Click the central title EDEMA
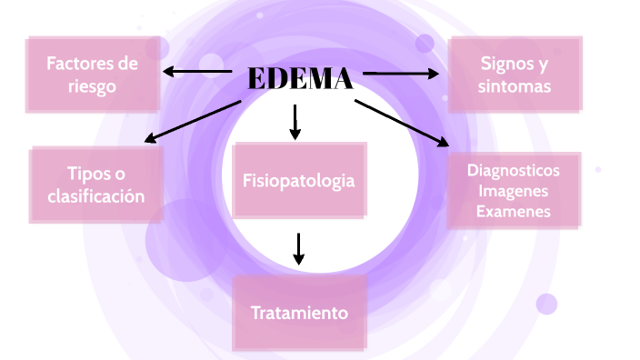(x=299, y=79)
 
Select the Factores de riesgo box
(x=94, y=74)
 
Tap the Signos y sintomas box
(x=515, y=74)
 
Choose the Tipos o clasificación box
(x=96, y=185)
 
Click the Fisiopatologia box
(x=298, y=180)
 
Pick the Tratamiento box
(x=299, y=313)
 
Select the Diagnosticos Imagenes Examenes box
(x=514, y=190)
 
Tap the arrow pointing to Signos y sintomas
(x=401, y=72)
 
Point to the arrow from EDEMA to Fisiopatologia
(x=295, y=122)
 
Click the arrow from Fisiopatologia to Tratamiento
(x=298, y=248)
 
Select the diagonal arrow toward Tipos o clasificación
(x=194, y=121)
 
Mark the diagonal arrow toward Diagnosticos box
(x=401, y=122)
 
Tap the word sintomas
(x=515, y=86)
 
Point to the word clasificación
(x=96, y=195)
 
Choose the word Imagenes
(x=514, y=190)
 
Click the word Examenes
(x=514, y=211)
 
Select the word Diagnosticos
(x=514, y=170)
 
